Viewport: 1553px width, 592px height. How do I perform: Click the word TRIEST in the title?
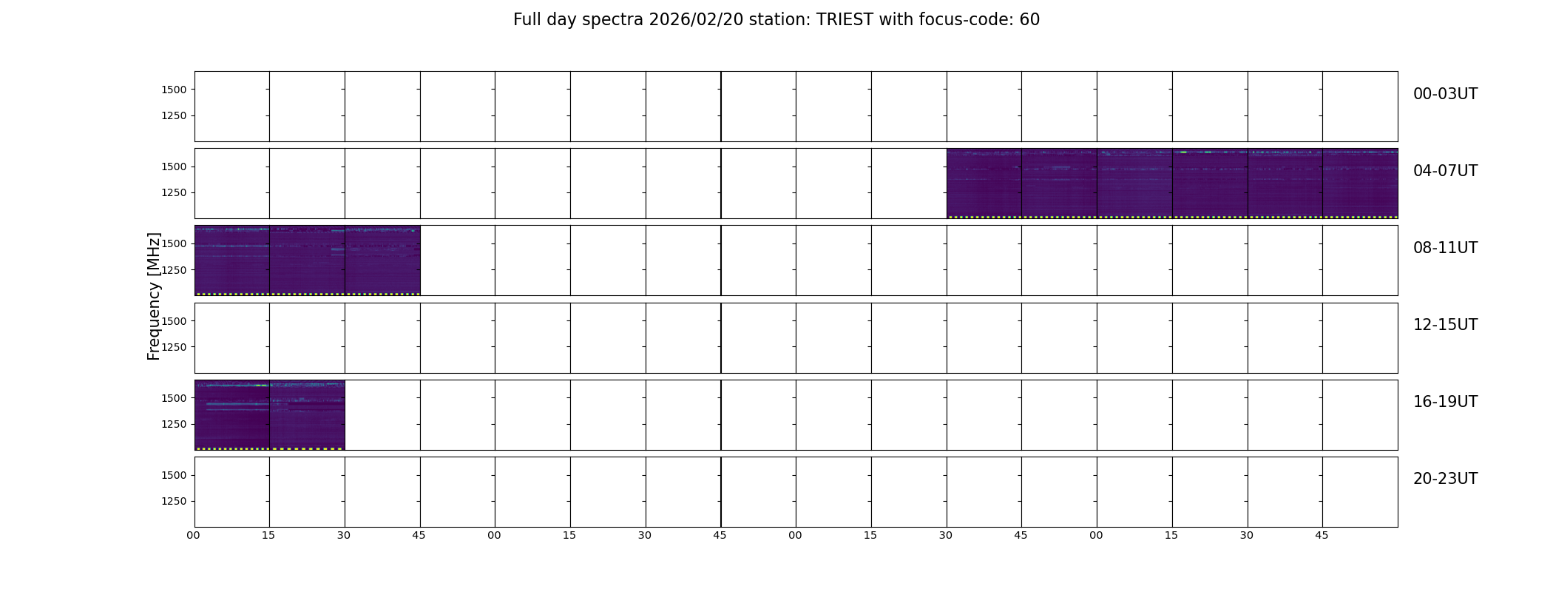pos(845,20)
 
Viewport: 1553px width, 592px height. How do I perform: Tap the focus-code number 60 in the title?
pos(1029,20)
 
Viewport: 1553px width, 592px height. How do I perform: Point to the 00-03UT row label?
pos(1445,94)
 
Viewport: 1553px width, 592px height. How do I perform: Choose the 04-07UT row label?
pos(1445,171)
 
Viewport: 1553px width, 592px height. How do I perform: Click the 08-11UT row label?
pos(1445,248)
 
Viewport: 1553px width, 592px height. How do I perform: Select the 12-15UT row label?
pos(1445,325)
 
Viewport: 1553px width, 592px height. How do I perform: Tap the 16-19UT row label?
pos(1445,402)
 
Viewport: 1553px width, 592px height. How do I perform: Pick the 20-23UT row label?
pos(1445,479)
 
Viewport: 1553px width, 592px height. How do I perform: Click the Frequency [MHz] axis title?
pos(154,296)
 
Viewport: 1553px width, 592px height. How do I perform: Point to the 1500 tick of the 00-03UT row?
pos(174,90)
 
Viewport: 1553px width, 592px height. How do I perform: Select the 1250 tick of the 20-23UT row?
pos(174,501)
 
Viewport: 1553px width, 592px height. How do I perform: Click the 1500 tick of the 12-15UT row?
pos(174,321)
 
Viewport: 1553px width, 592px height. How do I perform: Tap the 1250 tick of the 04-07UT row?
pos(174,192)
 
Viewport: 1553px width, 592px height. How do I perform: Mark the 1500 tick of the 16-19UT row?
pos(174,398)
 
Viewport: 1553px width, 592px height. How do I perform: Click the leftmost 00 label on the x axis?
pos(193,535)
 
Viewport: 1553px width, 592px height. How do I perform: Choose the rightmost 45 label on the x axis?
pos(1322,535)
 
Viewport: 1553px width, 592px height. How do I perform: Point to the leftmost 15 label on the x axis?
pos(268,535)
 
